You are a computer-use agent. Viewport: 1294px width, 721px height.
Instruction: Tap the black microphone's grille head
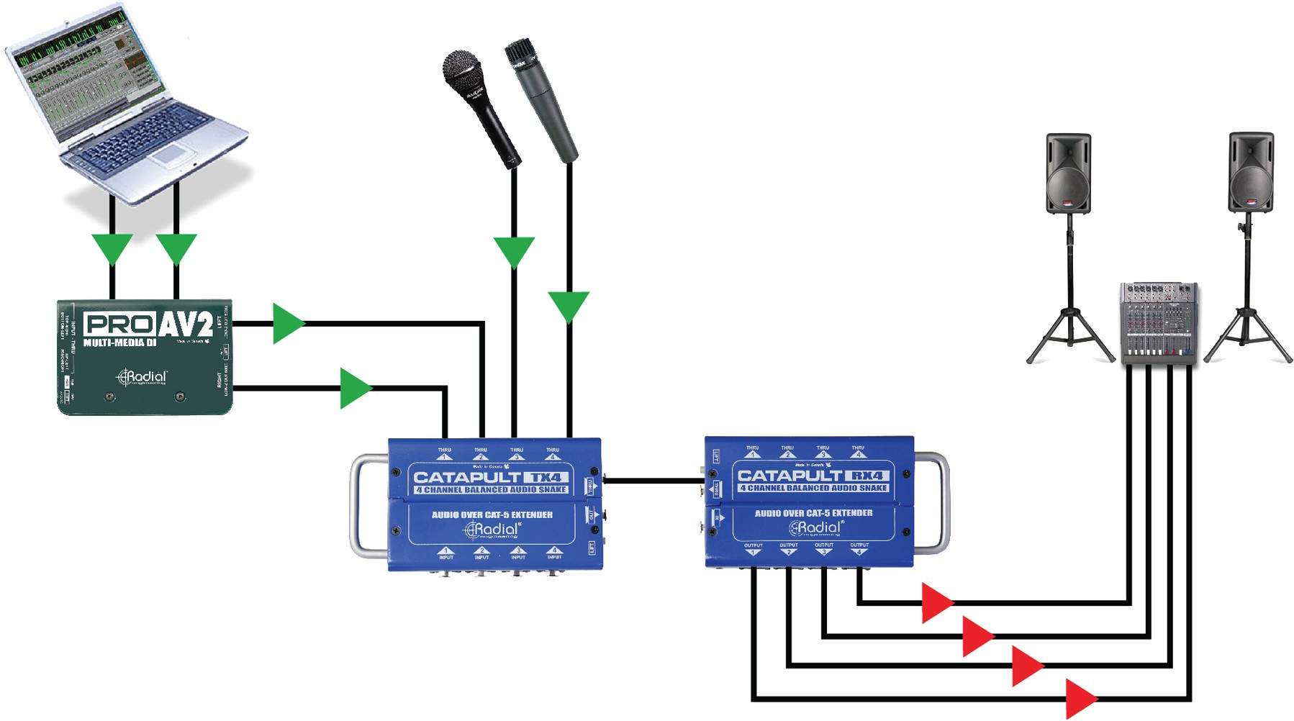tap(461, 71)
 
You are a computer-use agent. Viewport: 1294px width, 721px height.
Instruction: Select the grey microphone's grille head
tap(519, 55)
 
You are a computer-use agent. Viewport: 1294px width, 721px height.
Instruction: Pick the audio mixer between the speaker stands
tap(1159, 323)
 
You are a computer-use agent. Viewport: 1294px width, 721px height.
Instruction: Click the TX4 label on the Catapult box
tap(545, 477)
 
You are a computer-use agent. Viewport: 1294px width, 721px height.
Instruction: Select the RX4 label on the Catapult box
tap(867, 476)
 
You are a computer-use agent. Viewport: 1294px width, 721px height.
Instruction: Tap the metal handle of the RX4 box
tap(939, 504)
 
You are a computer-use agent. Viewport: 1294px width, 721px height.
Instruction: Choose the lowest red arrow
tap(1080, 698)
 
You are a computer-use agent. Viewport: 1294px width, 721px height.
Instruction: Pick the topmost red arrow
tap(936, 602)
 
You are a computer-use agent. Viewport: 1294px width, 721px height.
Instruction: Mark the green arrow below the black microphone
tap(514, 251)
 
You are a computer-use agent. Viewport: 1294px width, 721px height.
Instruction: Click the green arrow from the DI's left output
tap(288, 323)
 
